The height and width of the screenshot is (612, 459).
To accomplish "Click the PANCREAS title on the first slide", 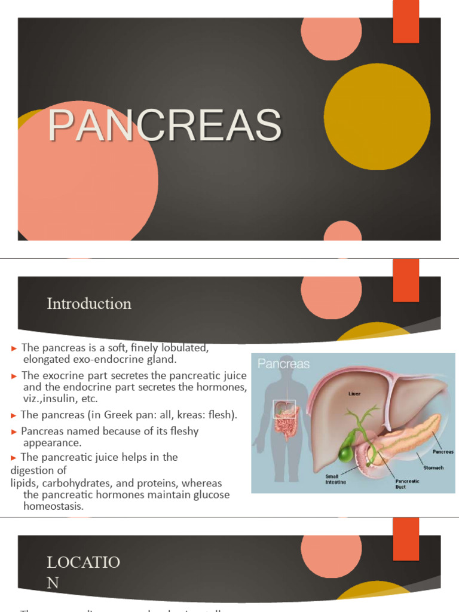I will pyautogui.click(x=164, y=126).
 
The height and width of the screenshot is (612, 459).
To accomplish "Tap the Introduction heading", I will pyautogui.click(x=89, y=304).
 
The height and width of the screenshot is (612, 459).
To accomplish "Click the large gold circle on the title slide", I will pyautogui.click(x=377, y=117).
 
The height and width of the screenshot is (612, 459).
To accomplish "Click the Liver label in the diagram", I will pyautogui.click(x=356, y=394).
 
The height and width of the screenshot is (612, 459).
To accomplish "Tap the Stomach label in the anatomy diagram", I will pyautogui.click(x=433, y=468).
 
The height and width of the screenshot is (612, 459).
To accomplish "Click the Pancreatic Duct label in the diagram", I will pyautogui.click(x=407, y=484).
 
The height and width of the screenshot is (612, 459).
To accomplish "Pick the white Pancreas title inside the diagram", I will pyautogui.click(x=284, y=363).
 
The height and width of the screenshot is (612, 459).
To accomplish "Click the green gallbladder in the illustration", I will pyautogui.click(x=345, y=453).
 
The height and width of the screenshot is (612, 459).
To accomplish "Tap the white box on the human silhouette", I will pyautogui.click(x=284, y=409).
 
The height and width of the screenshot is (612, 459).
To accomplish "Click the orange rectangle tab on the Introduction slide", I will pyautogui.click(x=406, y=280).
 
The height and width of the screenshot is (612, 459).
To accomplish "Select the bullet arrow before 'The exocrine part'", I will pyautogui.click(x=14, y=376).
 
